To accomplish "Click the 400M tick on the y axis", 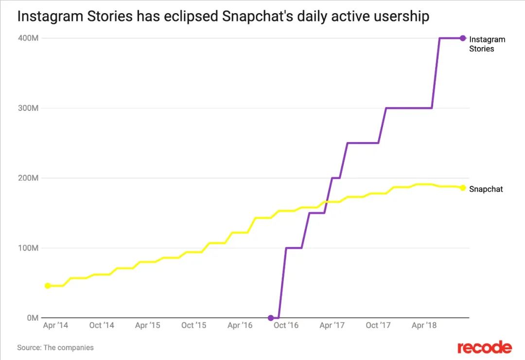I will [x=28, y=38].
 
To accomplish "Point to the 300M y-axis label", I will [x=28, y=108].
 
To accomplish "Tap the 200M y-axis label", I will [x=28, y=178].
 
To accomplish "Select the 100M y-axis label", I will [x=28, y=248].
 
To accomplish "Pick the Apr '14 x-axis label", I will [x=55, y=325].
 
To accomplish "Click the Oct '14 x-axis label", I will [x=102, y=325].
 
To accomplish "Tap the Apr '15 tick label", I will [x=148, y=325].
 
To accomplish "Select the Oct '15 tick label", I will [x=194, y=325].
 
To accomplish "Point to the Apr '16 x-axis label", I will [x=240, y=325].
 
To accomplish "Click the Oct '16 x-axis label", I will [x=286, y=325].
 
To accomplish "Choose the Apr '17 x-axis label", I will [x=332, y=325].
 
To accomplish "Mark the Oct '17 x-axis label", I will [x=379, y=325].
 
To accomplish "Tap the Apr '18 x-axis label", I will [x=425, y=325].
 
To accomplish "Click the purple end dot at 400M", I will [x=463, y=38].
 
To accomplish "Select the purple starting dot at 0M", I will [x=271, y=318].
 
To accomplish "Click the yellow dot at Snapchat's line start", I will [x=48, y=286].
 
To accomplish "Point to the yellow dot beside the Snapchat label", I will [x=463, y=188].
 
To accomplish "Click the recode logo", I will [x=484, y=347].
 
